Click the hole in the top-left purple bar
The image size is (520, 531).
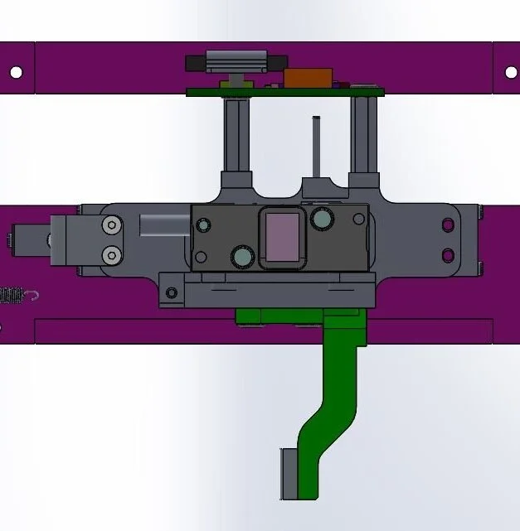click(x=16, y=72)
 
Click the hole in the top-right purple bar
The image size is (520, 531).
click(x=508, y=72)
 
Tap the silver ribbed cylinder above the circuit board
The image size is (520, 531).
click(x=236, y=61)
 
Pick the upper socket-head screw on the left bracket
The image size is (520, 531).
click(x=110, y=225)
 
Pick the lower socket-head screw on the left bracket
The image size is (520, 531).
click(x=110, y=253)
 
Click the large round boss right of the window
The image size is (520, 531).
click(x=321, y=219)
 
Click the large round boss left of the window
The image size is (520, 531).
click(x=242, y=257)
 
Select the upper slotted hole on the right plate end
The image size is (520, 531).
click(x=448, y=224)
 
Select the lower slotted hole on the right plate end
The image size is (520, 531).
click(x=448, y=253)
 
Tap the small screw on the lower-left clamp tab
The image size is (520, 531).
click(x=171, y=292)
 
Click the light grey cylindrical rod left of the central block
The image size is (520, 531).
click(x=164, y=224)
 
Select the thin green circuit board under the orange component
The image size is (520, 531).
click(x=249, y=91)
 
